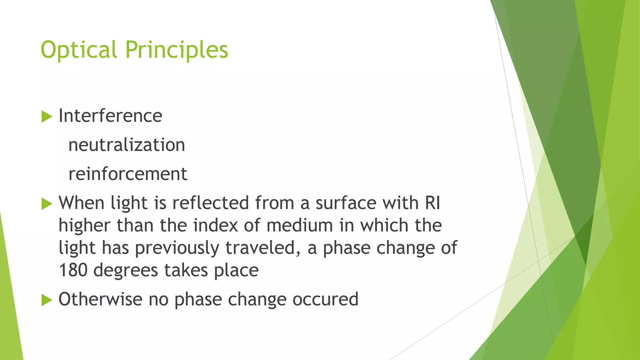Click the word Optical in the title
pos(79,50)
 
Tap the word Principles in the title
pos(177,50)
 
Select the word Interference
pos(110,116)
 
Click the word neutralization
pos(127,145)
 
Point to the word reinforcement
pos(128,174)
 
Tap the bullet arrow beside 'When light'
pos(47,204)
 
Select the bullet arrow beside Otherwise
pos(47,300)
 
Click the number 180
pos(73,270)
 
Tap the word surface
pos(346,203)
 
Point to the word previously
pos(177,248)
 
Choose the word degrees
pos(126,271)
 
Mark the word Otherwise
pos(101,299)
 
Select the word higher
pos(85,226)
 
